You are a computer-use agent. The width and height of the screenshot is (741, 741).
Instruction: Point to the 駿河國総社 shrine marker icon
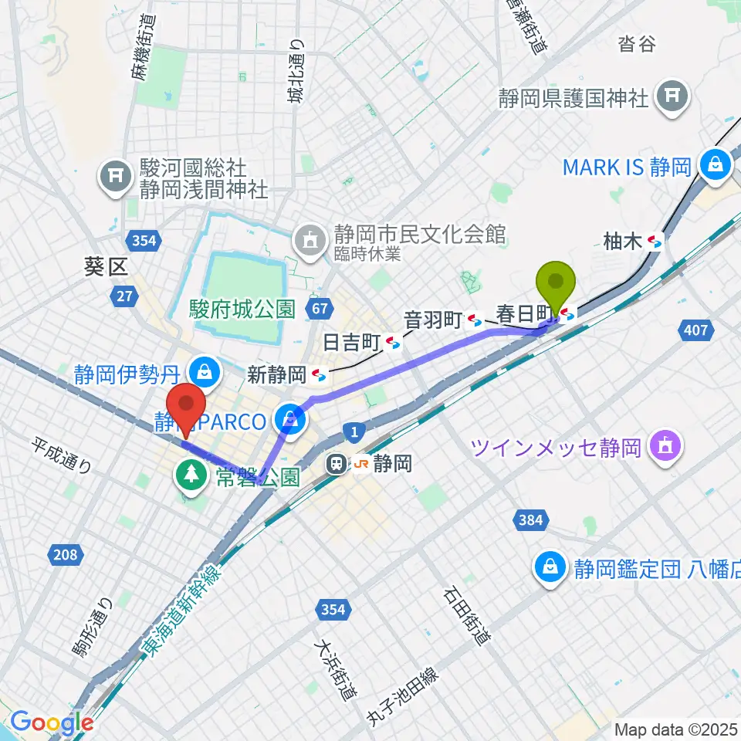tap(116, 177)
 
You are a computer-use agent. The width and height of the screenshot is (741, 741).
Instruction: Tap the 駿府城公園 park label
tap(242, 310)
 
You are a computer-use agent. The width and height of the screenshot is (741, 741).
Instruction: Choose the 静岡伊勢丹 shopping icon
tap(205, 373)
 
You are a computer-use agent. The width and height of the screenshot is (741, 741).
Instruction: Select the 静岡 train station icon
tap(337, 464)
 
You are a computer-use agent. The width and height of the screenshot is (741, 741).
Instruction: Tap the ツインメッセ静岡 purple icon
tap(664, 446)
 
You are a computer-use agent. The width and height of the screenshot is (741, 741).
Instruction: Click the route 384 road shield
tap(530, 521)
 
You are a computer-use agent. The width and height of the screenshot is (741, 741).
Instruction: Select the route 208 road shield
tap(65, 553)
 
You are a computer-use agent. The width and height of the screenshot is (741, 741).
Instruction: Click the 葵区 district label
tap(106, 269)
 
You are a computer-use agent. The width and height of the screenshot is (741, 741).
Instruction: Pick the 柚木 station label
tap(622, 242)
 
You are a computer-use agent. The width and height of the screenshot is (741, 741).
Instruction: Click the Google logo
tap(52, 722)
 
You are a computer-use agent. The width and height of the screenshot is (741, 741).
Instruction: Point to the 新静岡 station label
tap(276, 375)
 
